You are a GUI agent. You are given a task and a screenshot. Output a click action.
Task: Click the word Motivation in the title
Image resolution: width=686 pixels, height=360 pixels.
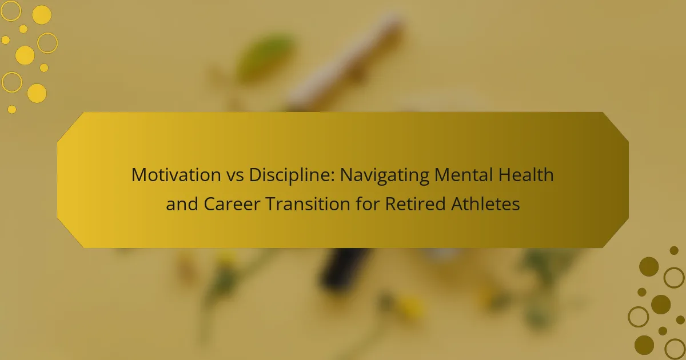tap(176, 175)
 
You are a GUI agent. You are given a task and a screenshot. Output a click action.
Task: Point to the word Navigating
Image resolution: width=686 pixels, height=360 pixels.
tap(384, 175)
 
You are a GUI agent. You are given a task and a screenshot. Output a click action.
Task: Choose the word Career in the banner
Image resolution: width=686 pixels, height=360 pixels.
tap(232, 204)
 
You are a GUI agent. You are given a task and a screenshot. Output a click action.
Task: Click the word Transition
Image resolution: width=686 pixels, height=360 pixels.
tap(308, 204)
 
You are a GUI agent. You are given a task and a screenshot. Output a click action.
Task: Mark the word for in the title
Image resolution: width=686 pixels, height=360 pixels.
tap(368, 204)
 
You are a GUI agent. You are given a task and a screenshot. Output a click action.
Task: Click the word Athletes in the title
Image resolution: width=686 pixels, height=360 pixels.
tap(485, 204)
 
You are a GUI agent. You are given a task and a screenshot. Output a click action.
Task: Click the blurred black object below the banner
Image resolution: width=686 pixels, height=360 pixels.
tap(345, 270)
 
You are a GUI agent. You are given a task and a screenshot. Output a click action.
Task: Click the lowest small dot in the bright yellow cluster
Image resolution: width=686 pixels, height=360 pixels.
tap(12, 109)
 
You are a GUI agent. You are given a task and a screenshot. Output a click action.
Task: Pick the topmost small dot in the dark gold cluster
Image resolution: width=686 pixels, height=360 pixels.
tap(674, 250)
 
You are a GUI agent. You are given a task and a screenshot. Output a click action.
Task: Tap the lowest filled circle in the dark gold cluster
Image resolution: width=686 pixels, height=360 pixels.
tap(644, 345)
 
